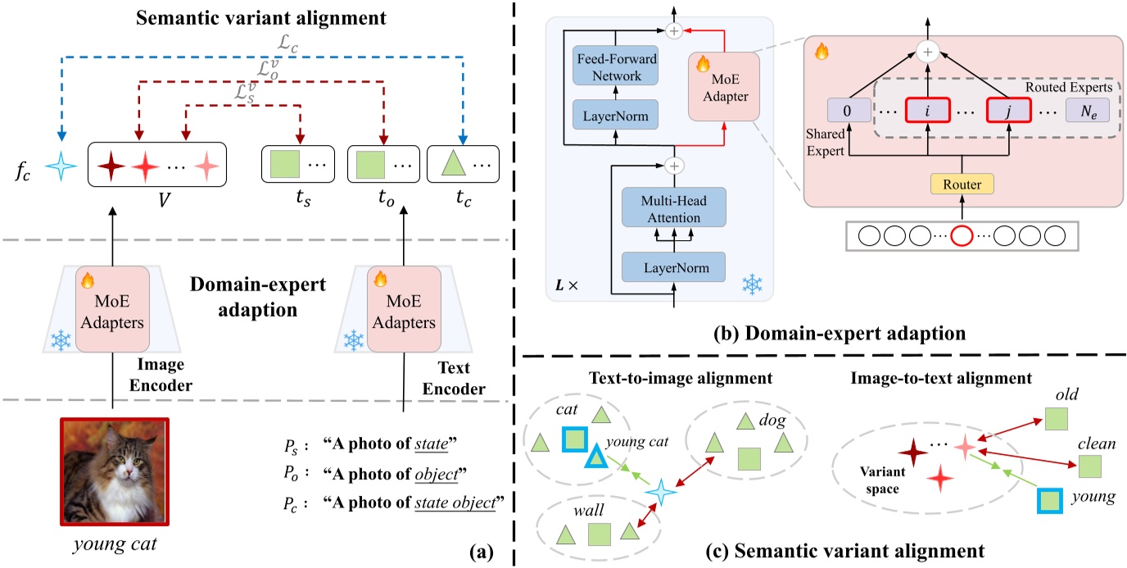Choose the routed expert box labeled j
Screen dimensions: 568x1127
(1011, 109)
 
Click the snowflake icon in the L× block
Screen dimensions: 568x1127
(751, 284)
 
